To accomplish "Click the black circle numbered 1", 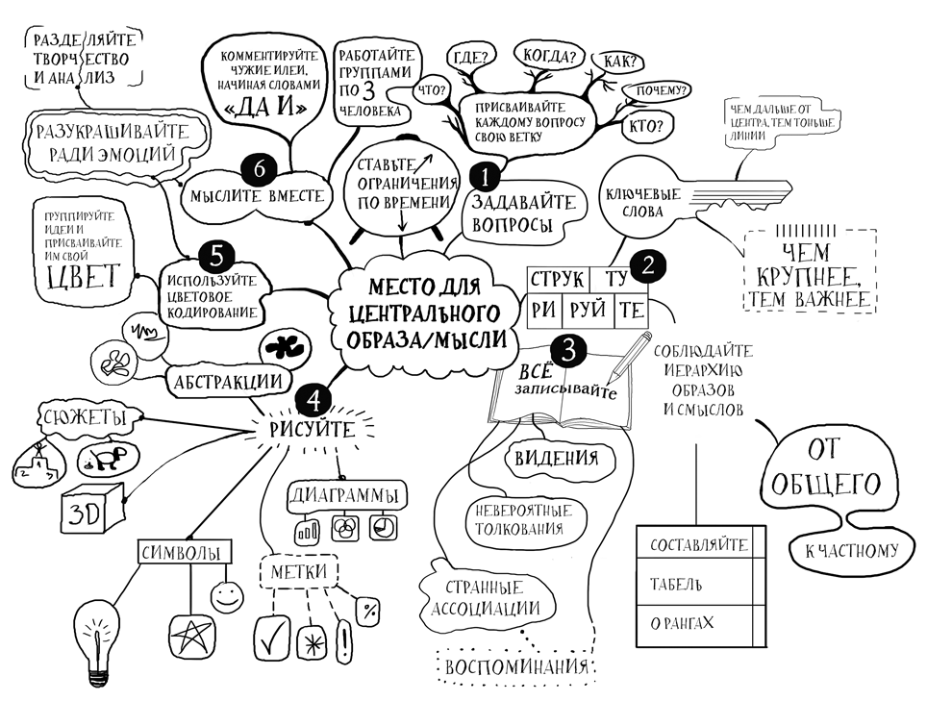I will [x=485, y=176].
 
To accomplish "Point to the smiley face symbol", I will [x=225, y=596].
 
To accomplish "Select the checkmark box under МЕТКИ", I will [x=271, y=637].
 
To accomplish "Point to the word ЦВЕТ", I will [x=81, y=275].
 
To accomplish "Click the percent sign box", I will [x=366, y=608].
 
